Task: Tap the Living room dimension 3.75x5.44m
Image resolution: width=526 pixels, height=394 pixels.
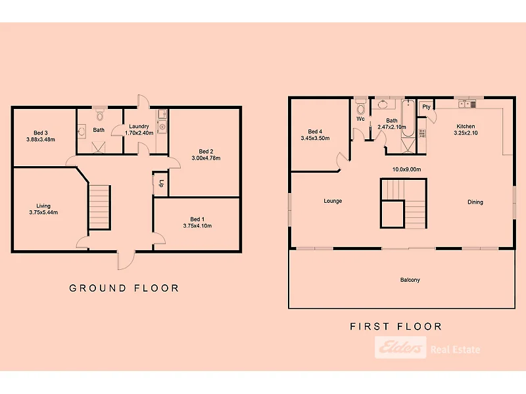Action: pos(43,212)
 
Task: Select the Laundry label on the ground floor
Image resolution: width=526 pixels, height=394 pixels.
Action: pos(139,126)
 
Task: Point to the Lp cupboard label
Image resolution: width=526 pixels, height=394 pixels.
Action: pos(161,184)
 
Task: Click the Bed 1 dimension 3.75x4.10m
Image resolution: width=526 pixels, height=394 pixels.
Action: pos(197,226)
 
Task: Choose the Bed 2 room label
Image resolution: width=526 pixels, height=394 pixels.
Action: pos(205,151)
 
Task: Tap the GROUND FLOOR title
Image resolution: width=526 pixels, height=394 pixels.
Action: pos(124,288)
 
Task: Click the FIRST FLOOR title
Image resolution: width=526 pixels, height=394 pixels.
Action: pos(396,326)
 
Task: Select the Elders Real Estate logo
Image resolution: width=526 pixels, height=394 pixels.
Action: pos(427,348)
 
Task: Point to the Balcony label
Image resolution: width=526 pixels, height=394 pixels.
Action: pos(410,280)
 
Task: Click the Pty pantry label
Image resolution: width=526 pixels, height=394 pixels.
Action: pos(426,107)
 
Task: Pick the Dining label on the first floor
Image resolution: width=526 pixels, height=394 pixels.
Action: pos(475,202)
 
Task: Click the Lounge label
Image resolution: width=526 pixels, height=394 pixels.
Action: pos(333,201)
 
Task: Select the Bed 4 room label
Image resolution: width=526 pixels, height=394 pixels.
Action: pos(315,131)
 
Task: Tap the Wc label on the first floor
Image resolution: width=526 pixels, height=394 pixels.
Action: pos(360,120)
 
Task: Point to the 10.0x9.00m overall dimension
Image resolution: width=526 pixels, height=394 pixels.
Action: pos(406,169)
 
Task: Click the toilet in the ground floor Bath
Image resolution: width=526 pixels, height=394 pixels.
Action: pos(99,116)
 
